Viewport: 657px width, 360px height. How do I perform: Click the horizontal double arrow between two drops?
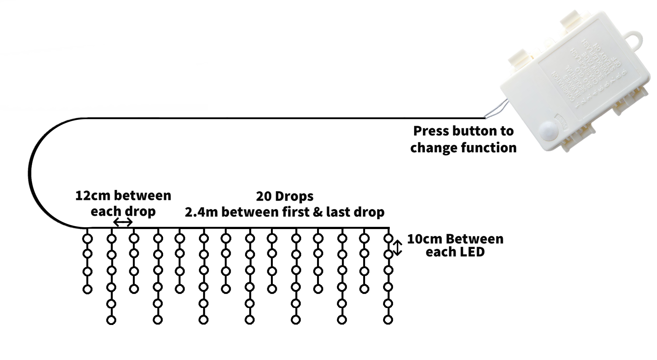coord(123,222)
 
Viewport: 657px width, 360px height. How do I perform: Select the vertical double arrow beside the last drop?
coord(398,248)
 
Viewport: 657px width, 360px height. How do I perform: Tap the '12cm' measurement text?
coord(91,195)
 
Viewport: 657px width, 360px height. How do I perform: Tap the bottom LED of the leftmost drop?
coord(87,289)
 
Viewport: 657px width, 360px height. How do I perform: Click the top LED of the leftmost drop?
coord(87,239)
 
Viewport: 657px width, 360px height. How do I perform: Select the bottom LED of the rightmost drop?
coord(388,319)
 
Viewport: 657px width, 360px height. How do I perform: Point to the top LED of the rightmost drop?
coord(388,239)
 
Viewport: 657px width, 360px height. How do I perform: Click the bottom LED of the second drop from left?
coord(111,320)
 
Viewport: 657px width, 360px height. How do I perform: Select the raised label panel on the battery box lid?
coord(587,74)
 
